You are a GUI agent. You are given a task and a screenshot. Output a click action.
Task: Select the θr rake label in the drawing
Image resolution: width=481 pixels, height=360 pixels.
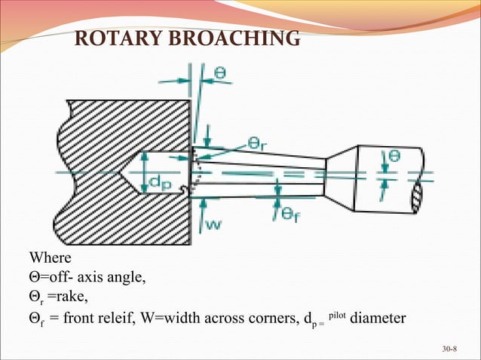261,142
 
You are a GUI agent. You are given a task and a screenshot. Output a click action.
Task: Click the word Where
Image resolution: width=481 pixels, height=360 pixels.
50,259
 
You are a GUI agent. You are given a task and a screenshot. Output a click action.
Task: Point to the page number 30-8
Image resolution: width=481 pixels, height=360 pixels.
451,349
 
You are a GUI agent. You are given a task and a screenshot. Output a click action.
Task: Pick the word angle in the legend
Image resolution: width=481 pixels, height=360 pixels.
127,279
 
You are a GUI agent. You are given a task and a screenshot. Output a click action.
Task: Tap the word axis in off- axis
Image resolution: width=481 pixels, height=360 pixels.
93,279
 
